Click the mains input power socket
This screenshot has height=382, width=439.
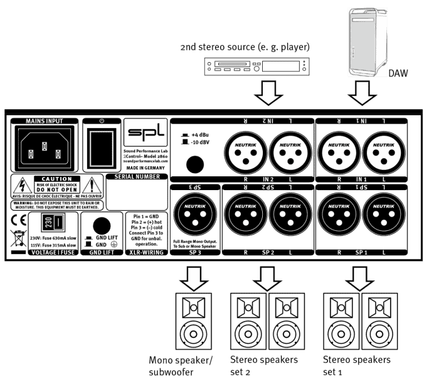[x=43, y=149]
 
